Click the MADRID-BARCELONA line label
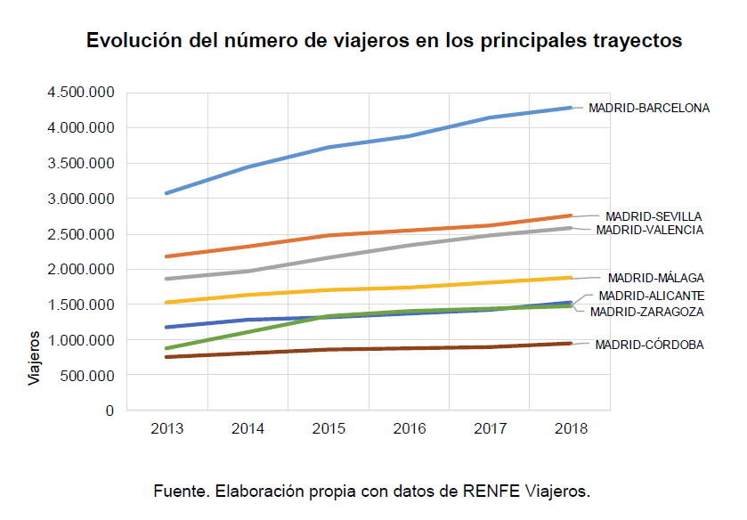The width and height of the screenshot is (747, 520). coord(649,108)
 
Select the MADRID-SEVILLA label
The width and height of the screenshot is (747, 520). coord(654,215)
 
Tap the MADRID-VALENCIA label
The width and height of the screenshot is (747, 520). coord(650,230)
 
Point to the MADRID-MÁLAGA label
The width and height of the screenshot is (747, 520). coord(656,278)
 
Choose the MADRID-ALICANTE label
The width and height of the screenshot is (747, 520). coord(652,296)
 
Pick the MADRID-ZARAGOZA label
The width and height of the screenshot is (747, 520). coord(647,312)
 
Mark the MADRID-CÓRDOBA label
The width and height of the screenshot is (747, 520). coord(650,345)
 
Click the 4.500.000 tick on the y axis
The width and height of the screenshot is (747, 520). coord(82,93)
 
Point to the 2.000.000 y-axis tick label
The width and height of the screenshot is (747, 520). coord(82,270)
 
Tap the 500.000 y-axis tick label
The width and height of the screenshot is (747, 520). coord(89,376)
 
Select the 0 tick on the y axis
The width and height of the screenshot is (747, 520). coord(110,411)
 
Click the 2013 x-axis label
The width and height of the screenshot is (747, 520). coord(167,429)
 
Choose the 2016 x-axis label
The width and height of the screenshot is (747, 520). coord(409,429)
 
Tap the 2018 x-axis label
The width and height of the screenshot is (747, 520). coord(570,429)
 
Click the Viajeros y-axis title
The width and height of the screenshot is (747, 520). coord(34,358)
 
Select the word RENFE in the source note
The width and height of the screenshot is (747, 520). coord(492,491)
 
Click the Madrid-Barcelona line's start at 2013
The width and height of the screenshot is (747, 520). coord(167,193)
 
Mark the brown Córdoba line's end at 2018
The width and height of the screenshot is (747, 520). coord(570,343)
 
